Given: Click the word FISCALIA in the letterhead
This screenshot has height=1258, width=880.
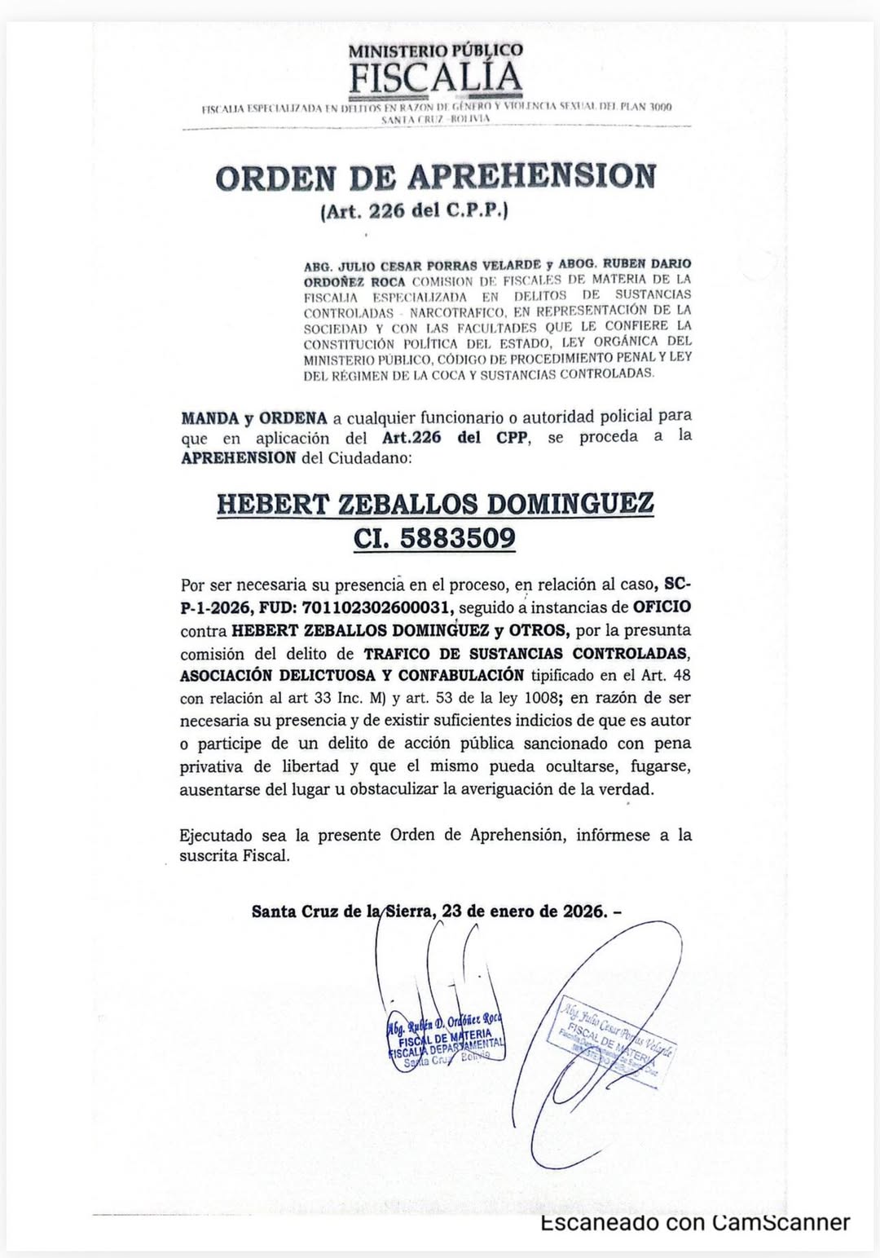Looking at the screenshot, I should pyautogui.click(x=435, y=78).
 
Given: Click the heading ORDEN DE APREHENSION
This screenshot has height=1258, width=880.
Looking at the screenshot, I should pyautogui.click(x=435, y=178).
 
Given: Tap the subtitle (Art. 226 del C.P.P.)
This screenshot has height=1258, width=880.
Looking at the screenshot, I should pyautogui.click(x=415, y=211).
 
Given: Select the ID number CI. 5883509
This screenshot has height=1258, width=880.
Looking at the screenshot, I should pyautogui.click(x=434, y=539).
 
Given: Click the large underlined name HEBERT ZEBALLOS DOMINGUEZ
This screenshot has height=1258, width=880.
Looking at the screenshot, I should pyautogui.click(x=435, y=503).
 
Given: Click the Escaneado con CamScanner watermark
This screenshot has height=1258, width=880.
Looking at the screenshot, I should pyautogui.click(x=695, y=1223).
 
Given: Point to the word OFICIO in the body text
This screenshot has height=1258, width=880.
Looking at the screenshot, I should pyautogui.click(x=662, y=607).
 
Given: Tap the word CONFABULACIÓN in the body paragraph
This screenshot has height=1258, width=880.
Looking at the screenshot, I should pyautogui.click(x=461, y=676).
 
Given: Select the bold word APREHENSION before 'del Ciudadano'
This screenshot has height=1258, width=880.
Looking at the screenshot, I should pyautogui.click(x=238, y=458).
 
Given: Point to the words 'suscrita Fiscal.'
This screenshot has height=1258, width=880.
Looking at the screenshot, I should pyautogui.click(x=235, y=856).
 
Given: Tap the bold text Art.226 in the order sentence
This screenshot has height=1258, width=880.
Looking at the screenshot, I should pyautogui.click(x=411, y=438).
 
